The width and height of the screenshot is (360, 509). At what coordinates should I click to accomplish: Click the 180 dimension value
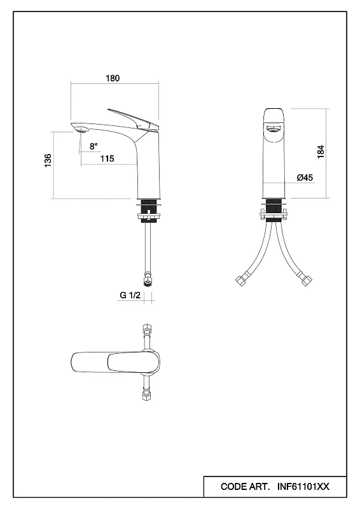point(113,78)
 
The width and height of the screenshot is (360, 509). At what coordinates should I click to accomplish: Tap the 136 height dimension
point(48,161)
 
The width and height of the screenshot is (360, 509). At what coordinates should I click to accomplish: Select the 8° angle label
point(93,146)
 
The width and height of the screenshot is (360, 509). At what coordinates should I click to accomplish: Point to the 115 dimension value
point(107,158)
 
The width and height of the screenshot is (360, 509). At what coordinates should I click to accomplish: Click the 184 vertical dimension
point(321,151)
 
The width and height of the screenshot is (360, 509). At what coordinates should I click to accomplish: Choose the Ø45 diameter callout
point(305,178)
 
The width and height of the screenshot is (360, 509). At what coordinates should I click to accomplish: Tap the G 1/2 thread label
point(130,295)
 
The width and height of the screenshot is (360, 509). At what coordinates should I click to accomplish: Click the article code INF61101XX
point(303,487)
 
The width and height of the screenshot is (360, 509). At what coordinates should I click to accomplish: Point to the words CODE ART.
point(245,487)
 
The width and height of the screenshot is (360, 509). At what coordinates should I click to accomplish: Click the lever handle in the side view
point(134,120)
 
